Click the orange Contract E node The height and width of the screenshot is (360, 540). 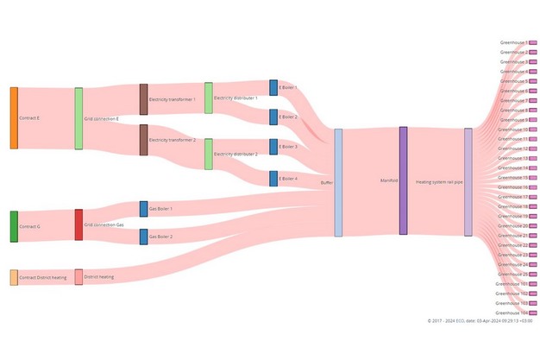coord(14,117)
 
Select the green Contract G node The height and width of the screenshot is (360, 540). coord(14,225)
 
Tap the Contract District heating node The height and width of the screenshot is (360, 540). coord(14,277)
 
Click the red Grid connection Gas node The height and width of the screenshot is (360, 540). coord(78,224)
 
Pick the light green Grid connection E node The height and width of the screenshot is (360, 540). coord(78,118)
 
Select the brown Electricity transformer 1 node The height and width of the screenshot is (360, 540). coord(144,99)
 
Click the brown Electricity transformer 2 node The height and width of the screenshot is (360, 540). coord(144,140)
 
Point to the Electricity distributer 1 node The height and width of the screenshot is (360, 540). coord(209,98)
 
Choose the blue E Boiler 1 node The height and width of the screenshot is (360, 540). coord(273,87)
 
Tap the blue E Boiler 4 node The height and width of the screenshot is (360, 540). coord(273,179)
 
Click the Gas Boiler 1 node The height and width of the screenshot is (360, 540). coord(143,209)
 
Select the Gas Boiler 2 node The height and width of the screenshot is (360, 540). coord(143,236)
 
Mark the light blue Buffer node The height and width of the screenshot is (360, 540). coord(338,182)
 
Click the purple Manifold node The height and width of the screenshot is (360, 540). coord(403,180)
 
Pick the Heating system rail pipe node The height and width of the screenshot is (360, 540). coord(468,181)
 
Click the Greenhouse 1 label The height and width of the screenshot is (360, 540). coord(514,42)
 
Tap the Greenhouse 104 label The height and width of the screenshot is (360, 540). coord(512,313)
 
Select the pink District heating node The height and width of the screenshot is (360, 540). coord(78,277)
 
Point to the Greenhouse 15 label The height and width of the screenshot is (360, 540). coord(514,177)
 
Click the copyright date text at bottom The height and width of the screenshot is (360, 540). coord(480,320)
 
